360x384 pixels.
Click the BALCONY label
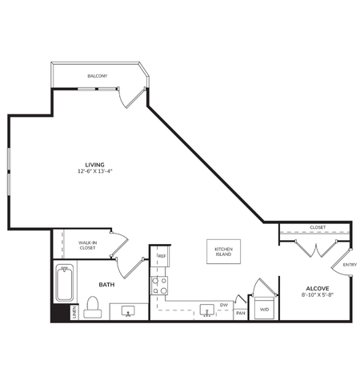coord(98,76)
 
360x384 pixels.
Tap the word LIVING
coord(94,164)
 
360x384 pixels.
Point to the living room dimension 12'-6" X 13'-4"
coord(94,171)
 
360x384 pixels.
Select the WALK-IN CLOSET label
coord(88,246)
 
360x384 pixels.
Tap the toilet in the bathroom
coord(93,306)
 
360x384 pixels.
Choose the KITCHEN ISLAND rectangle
coord(223,252)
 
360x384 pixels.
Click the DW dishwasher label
coord(224,306)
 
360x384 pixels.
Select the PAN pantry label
coord(241,313)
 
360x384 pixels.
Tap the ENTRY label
coord(349,265)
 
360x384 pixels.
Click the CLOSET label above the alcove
coord(317,226)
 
